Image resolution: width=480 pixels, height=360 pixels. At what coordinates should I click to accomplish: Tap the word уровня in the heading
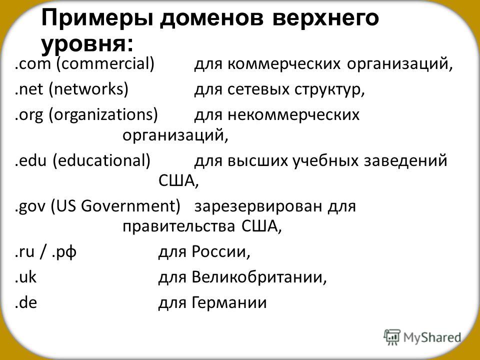tap(84, 44)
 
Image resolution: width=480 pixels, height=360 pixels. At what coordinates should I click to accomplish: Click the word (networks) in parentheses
tap(88, 89)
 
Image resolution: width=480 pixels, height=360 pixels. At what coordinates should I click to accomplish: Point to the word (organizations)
tap(103, 115)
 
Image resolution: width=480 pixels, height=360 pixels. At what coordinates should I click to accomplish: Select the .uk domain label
tap(25, 276)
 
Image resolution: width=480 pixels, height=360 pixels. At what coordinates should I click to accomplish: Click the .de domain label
tap(26, 302)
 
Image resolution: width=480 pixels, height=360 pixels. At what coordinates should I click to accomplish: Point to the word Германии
tap(229, 302)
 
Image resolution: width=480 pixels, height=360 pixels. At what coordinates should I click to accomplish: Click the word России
tap(219, 252)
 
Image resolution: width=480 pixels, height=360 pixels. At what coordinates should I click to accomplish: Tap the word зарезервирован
tap(259, 206)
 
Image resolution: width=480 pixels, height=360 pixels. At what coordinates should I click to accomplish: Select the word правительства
tap(179, 226)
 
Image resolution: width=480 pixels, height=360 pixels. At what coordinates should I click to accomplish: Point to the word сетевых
tap(258, 89)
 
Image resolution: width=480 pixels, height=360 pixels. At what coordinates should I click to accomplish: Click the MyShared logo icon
tap(392, 337)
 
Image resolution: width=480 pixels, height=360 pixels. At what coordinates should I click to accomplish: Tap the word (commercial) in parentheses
tap(105, 64)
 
